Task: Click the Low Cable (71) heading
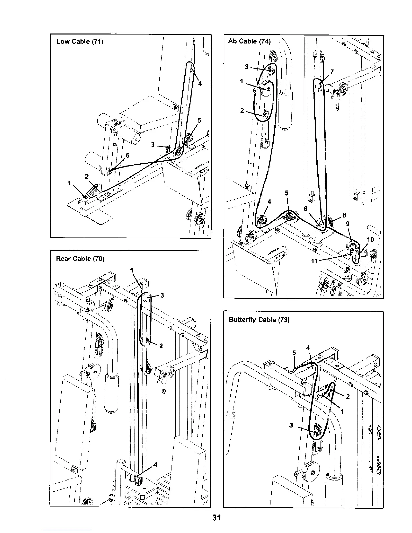[80, 42]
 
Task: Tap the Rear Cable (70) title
[80, 259]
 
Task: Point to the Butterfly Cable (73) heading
[259, 320]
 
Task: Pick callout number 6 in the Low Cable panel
[128, 155]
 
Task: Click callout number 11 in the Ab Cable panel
[314, 261]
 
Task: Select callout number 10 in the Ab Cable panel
[370, 240]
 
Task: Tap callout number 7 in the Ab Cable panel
[332, 72]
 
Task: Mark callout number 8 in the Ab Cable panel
[344, 215]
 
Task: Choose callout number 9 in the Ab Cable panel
[348, 224]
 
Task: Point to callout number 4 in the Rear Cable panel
[155, 465]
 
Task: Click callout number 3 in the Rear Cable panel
[162, 295]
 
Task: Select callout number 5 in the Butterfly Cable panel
[294, 353]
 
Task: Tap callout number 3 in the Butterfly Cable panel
[291, 425]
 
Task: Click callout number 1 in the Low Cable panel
[70, 183]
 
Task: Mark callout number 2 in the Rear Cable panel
[161, 346]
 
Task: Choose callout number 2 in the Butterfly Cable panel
[348, 397]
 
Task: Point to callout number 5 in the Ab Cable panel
[287, 193]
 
